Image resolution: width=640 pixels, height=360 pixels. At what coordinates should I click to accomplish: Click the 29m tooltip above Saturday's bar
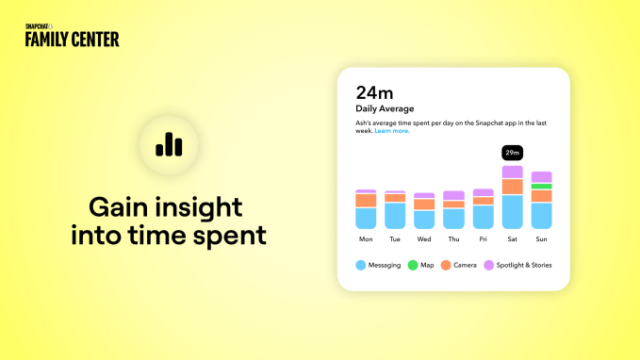point(512,153)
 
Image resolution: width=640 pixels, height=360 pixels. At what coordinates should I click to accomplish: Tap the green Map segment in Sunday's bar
point(541,186)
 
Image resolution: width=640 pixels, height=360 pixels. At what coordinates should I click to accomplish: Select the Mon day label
point(366,240)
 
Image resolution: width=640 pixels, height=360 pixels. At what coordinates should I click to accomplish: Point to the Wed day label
point(424,240)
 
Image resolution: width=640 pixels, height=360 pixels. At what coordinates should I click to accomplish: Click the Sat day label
point(512,240)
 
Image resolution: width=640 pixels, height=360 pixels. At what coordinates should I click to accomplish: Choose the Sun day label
point(541,240)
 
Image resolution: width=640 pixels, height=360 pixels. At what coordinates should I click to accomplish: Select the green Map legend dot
point(413,265)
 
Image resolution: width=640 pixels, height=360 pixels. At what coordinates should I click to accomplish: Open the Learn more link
point(392,131)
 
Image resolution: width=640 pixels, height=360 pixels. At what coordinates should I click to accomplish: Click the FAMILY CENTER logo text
point(72,40)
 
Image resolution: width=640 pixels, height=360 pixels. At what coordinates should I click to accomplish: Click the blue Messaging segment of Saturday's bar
point(512,212)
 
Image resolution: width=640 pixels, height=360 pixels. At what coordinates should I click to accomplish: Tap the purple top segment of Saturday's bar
point(512,172)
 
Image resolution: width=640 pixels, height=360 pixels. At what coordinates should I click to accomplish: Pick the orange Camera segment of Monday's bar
point(366,200)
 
